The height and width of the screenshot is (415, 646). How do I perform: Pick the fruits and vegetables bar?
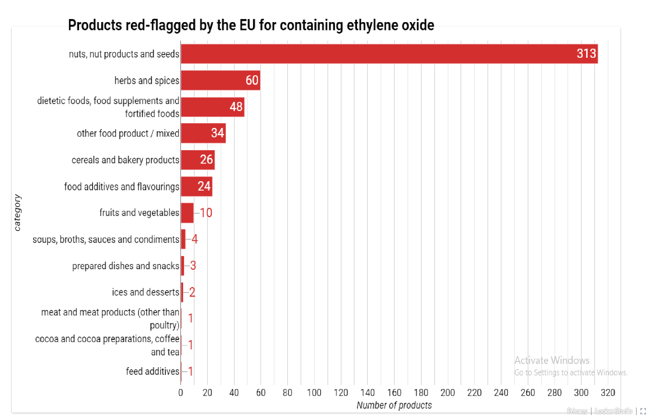[187, 213]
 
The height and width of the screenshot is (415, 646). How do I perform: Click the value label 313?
[586, 54]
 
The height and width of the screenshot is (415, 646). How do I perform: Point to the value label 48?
[236, 107]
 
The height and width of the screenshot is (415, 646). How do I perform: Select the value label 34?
[217, 133]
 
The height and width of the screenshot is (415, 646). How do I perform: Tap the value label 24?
[204, 186]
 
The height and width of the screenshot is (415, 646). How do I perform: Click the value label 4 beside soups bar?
[195, 239]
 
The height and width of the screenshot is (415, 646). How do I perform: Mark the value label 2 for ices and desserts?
[192, 292]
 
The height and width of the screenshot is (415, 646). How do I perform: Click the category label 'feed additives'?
[152, 371]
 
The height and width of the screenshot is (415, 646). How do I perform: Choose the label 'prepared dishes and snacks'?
[126, 266]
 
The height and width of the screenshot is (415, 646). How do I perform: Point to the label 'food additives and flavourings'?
[122, 187]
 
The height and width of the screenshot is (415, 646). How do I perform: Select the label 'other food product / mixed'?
[128, 133]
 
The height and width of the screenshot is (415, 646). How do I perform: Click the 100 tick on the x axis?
[314, 393]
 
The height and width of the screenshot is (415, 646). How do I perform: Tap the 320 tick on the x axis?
[608, 393]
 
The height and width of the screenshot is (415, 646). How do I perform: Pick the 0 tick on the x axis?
[181, 393]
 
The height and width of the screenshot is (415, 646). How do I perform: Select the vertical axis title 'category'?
[17, 213]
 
